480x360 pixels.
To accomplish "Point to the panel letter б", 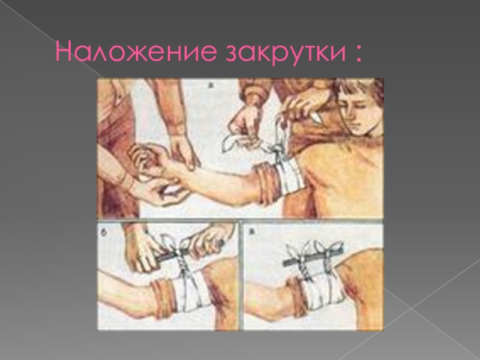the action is point(103,233).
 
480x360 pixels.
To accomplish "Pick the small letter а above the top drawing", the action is point(211,85).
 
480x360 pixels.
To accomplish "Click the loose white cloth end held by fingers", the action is point(234,142).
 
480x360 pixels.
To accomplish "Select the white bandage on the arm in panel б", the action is point(191,290).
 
